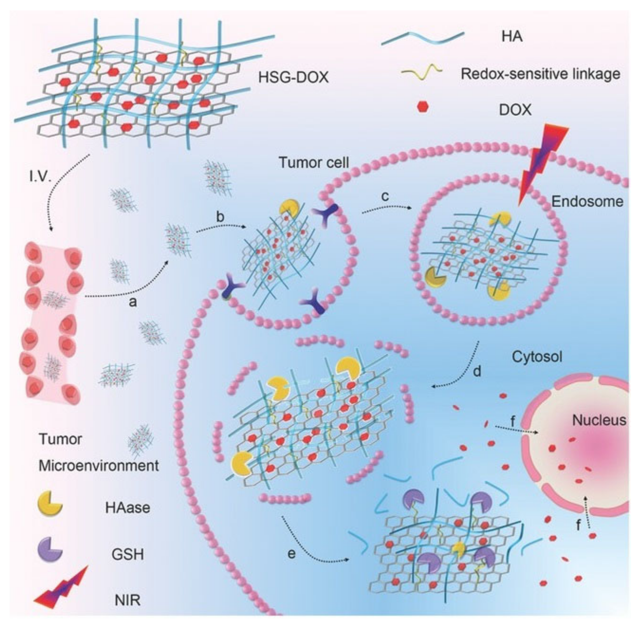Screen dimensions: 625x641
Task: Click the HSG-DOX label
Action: coord(293,78)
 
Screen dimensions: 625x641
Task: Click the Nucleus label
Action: coord(599,420)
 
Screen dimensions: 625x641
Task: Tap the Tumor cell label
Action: coord(313,163)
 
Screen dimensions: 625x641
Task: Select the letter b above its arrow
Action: coord(220,217)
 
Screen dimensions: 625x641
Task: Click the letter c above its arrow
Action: coord(385,196)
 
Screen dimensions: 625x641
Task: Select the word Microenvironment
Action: coord(99,466)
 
